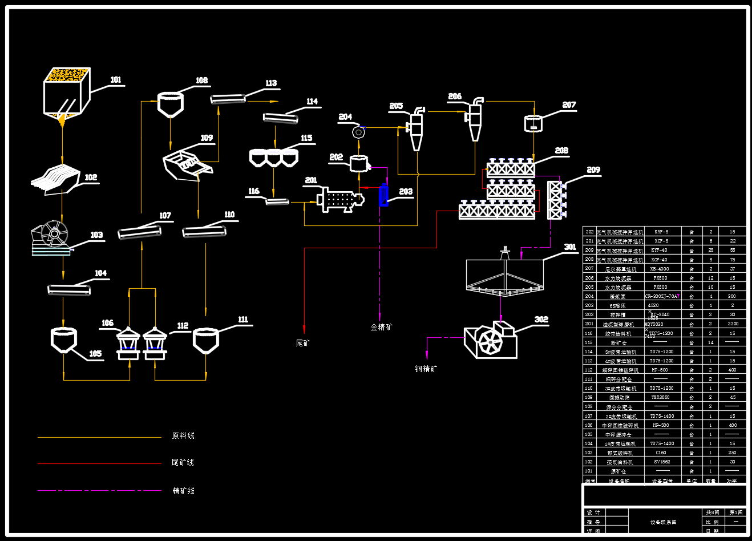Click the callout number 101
click(x=116, y=80)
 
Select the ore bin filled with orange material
click(x=67, y=91)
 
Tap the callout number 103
click(x=96, y=235)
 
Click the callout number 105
click(x=95, y=353)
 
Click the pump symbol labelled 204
click(x=358, y=132)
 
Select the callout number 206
click(x=455, y=96)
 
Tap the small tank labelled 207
click(x=533, y=123)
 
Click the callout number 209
click(x=593, y=169)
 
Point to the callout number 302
click(x=541, y=319)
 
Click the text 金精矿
click(x=381, y=327)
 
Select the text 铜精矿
click(x=426, y=369)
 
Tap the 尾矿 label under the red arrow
click(x=303, y=342)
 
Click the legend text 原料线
click(x=183, y=435)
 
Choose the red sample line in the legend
click(x=99, y=463)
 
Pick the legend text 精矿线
click(x=183, y=490)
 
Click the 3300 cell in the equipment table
click(x=733, y=324)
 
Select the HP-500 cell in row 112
click(x=661, y=370)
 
